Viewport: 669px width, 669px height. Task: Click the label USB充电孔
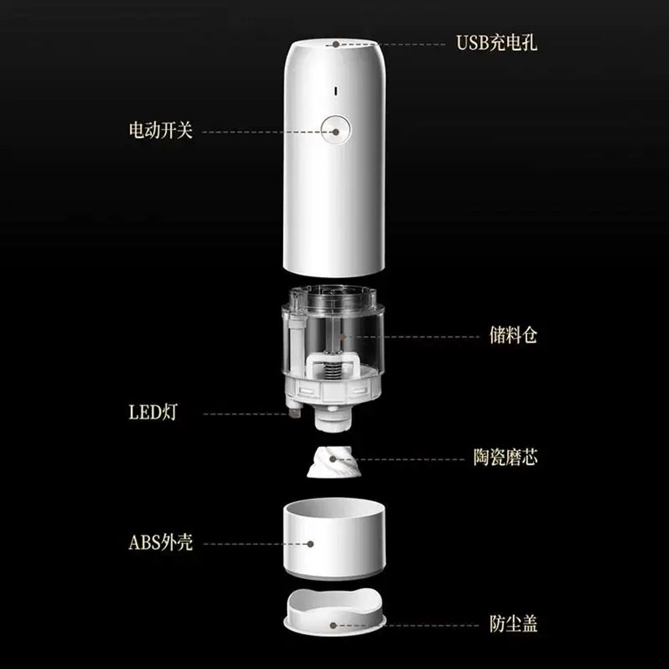pos(496,43)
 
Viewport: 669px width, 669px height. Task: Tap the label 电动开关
pos(161,130)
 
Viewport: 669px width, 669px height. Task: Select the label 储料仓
pos(513,335)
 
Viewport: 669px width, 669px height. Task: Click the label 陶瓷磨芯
pos(505,457)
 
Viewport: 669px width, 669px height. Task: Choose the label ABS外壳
pos(161,543)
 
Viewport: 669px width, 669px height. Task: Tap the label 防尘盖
pos(513,624)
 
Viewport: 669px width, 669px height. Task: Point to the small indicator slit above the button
pos(335,91)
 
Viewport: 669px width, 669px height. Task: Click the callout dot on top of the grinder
pos(336,44)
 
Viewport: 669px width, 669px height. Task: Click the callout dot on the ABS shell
pos(310,544)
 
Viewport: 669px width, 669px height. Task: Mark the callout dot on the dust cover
pos(333,626)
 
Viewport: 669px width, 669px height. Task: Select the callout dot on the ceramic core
pos(332,459)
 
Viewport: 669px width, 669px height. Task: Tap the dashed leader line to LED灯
pos(246,414)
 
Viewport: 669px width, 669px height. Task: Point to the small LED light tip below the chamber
pos(294,413)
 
